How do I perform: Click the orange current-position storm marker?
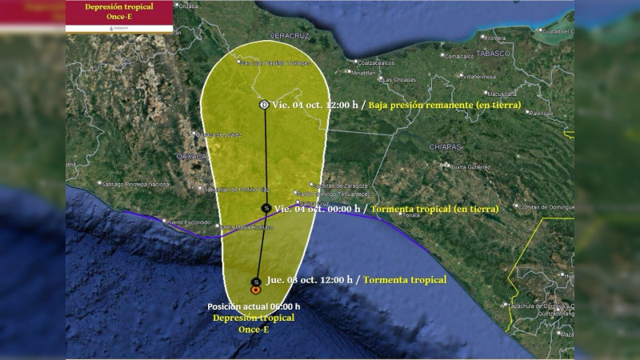(x=255, y=290)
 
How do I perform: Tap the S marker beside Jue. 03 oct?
(x=255, y=281)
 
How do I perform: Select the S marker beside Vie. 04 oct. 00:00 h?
(x=266, y=208)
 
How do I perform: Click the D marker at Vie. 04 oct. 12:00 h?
(x=265, y=105)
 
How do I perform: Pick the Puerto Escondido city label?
(x=186, y=222)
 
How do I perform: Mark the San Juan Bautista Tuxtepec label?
(x=274, y=62)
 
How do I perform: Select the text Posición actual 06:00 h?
(x=254, y=306)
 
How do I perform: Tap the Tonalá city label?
(x=411, y=215)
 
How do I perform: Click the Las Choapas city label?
(x=398, y=80)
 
